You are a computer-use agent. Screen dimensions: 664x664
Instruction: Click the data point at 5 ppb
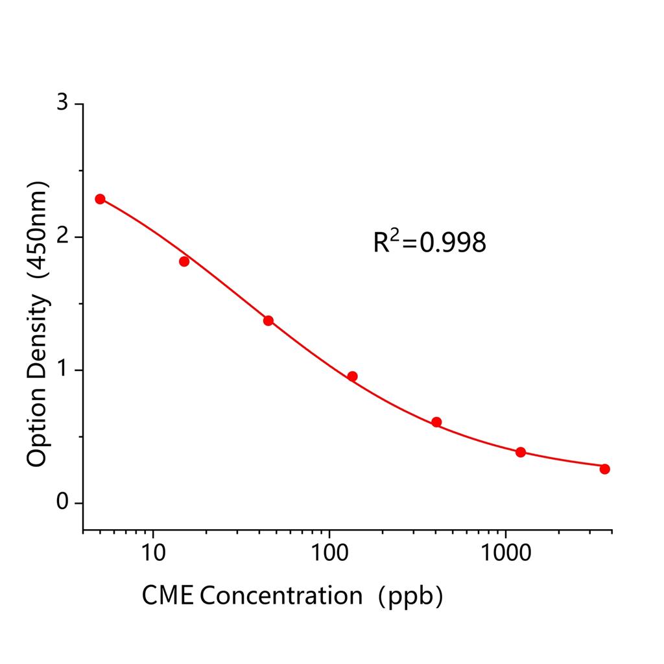(100, 199)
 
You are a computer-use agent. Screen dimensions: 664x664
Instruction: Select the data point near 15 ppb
(184, 261)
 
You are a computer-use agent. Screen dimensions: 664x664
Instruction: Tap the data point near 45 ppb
(268, 320)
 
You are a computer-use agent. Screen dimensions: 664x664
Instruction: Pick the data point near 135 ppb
(353, 376)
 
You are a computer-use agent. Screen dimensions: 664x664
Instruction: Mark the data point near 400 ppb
(436, 422)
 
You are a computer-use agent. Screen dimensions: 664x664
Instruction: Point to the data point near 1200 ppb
(521, 452)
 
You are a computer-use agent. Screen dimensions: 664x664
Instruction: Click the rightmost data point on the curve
(605, 469)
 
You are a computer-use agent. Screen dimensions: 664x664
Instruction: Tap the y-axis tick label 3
(62, 104)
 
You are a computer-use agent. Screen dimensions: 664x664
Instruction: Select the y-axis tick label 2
(62, 237)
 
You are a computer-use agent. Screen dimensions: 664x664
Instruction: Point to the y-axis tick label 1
(62, 370)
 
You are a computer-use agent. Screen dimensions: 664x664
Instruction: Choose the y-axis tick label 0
(62, 503)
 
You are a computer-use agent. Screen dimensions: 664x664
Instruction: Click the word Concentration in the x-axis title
(281, 595)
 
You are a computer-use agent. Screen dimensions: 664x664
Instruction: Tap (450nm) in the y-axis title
(37, 230)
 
